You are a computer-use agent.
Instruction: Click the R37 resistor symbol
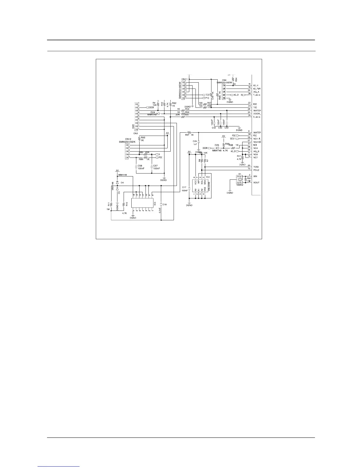[x=190, y=132]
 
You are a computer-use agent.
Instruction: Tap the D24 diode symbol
[x=158, y=113]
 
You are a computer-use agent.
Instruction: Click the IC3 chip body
[x=143, y=203]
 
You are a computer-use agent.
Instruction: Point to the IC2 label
[x=208, y=177]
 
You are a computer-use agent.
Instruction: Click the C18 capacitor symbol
[x=161, y=204]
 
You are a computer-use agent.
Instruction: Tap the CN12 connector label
[x=128, y=139]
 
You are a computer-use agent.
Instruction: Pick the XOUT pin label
[x=256, y=182]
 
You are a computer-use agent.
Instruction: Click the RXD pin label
[x=255, y=104]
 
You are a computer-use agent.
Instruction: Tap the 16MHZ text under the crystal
[x=240, y=185]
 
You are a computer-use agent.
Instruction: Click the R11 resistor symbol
[x=111, y=204]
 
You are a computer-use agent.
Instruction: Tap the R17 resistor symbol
[x=243, y=158]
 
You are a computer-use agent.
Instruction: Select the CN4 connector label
[x=224, y=80]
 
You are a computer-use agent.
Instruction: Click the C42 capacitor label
[x=214, y=128]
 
